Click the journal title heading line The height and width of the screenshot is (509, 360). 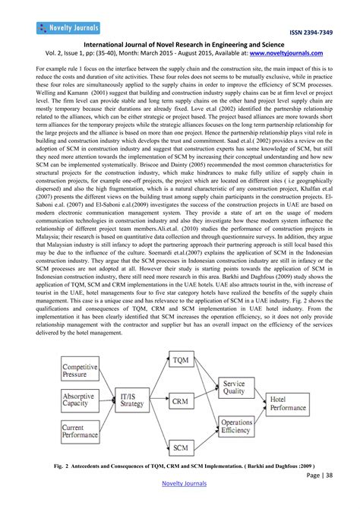click(180, 45)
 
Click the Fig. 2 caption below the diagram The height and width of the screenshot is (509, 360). click(180, 466)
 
